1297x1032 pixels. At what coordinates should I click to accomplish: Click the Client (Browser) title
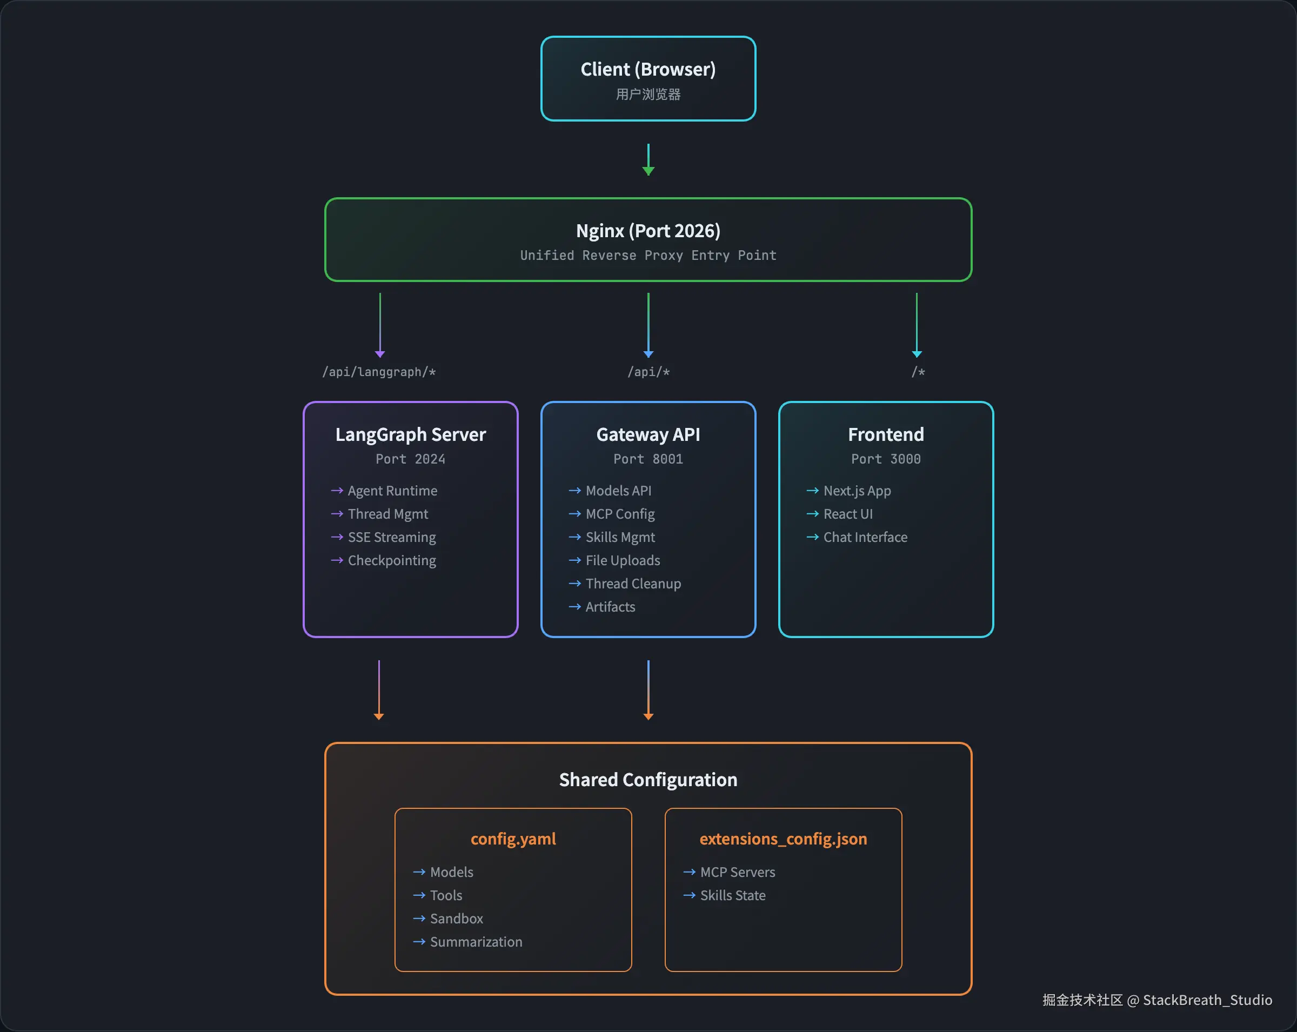[648, 69]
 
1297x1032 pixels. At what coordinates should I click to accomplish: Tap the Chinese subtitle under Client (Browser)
[648, 95]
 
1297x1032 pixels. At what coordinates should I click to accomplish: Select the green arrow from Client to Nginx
[648, 159]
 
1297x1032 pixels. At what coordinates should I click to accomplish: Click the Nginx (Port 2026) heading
[648, 231]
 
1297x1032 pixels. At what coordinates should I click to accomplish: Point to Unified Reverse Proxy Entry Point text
[648, 256]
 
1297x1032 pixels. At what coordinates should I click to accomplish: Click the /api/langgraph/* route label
[379, 372]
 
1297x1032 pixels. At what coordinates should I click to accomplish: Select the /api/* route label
[648, 372]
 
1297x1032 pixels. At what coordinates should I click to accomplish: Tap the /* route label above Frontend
[918, 372]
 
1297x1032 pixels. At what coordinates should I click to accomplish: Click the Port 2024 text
[410, 459]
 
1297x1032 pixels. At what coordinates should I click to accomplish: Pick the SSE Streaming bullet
[391, 537]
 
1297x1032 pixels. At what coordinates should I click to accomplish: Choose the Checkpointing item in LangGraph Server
[391, 560]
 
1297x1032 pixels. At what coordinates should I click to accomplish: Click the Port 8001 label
[648, 459]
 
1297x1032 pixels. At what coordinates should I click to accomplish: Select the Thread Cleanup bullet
[633, 584]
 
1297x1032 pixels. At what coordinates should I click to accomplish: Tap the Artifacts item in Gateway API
[610, 607]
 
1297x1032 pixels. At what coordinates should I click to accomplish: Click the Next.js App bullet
[857, 491]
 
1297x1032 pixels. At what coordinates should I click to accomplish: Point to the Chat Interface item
[865, 537]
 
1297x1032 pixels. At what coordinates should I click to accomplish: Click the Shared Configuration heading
[648, 780]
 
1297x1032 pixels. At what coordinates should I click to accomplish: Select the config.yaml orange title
[513, 839]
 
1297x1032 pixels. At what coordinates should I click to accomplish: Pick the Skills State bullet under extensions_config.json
[732, 895]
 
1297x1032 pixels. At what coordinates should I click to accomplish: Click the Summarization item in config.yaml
[475, 942]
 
